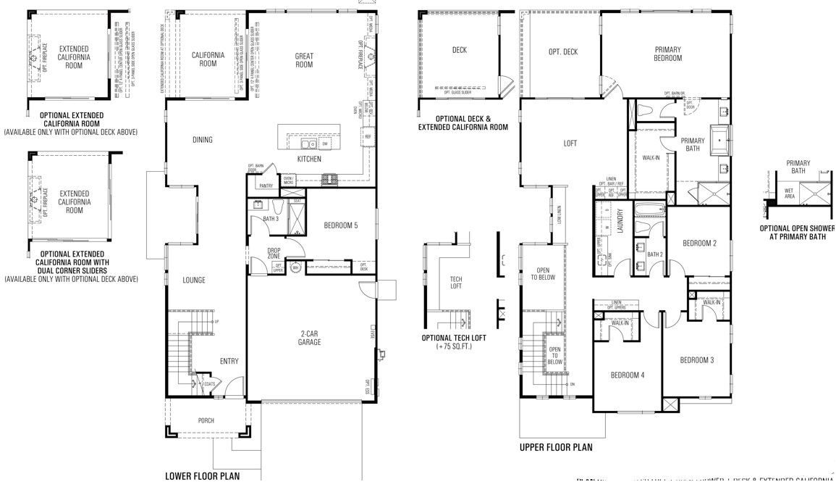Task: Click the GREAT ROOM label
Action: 304,60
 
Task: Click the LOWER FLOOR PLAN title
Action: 202,476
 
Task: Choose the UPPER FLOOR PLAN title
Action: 555,447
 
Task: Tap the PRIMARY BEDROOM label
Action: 667,54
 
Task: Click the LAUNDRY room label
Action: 620,220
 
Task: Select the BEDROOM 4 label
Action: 627,375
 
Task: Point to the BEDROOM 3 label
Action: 697,360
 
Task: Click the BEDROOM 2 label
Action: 699,244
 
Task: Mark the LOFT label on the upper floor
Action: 570,144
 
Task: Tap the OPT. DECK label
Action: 562,51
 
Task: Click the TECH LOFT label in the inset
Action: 456,283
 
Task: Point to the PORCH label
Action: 206,420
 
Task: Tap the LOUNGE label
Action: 193,281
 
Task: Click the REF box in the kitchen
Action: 368,136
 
